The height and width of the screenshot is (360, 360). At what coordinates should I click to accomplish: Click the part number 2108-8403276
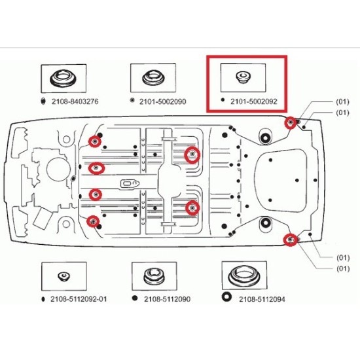click(75, 101)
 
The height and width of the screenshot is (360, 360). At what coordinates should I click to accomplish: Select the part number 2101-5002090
click(162, 101)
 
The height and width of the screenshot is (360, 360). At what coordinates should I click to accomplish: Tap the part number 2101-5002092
click(254, 101)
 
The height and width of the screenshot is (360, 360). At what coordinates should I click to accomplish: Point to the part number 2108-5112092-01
click(79, 299)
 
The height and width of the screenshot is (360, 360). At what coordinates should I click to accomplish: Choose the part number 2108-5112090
click(167, 299)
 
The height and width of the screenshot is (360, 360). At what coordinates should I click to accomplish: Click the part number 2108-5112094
click(262, 299)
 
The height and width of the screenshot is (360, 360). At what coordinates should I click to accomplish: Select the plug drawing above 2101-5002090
click(153, 78)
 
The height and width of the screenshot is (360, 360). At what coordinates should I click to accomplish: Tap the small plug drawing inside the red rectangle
click(243, 77)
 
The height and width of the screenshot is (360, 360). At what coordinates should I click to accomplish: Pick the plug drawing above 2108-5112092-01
click(63, 276)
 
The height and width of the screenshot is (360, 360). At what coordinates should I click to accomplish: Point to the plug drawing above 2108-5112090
click(154, 276)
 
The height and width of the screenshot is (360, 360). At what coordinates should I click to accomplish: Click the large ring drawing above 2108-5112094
click(244, 275)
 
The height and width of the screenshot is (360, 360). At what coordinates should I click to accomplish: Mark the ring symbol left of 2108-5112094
click(226, 297)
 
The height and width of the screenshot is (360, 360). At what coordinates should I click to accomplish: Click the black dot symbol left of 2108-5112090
click(135, 298)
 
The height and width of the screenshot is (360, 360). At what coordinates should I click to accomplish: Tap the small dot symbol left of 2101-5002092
click(223, 99)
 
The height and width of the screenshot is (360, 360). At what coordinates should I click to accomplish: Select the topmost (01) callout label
click(342, 101)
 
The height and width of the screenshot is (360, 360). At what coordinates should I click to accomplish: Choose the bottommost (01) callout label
click(343, 268)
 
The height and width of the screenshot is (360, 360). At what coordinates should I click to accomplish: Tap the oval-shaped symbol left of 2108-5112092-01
click(43, 299)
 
